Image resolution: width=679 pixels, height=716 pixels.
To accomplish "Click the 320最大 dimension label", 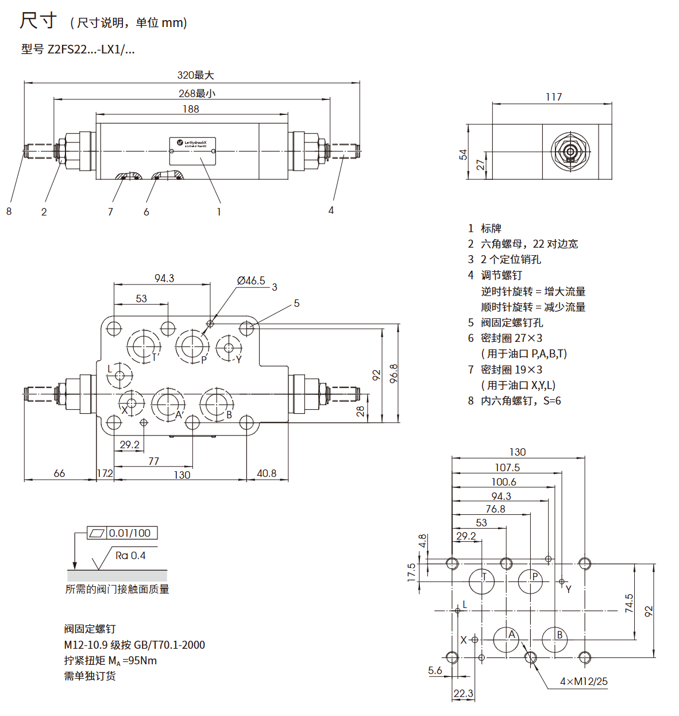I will point(195,75).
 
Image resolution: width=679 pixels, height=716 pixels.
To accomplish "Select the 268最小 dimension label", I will point(196,93).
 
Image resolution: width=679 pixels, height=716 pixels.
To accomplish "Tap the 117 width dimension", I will point(554,97).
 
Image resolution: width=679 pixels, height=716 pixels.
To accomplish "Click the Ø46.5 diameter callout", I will point(251,280).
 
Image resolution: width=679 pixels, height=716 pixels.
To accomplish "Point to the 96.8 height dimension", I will point(393,374).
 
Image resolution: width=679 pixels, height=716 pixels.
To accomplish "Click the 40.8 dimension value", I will point(267,474).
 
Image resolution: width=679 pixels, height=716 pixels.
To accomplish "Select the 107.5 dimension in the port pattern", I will point(507,468).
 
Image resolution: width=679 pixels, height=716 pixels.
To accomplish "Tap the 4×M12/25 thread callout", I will point(584,682).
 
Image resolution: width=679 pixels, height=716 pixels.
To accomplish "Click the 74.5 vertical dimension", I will point(629,603).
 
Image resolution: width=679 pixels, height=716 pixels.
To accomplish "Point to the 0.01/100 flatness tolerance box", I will point(129,533).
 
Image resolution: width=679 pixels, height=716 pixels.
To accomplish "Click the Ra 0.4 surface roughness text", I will point(130,556).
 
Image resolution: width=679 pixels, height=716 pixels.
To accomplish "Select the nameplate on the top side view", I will point(192,151).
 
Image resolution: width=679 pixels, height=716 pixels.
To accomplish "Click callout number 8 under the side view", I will point(9,211).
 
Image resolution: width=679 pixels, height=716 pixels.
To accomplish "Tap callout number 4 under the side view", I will point(331,210).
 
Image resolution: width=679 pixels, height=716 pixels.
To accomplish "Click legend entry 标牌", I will point(491,228).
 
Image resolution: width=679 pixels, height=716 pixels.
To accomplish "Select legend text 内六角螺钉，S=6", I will point(521,401).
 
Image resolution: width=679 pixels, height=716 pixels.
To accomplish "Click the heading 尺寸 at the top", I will point(38,21).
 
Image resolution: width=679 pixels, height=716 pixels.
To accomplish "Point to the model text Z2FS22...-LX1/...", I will point(78,49).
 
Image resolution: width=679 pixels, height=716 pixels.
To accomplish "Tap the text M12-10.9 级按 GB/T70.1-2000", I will point(134,645).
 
